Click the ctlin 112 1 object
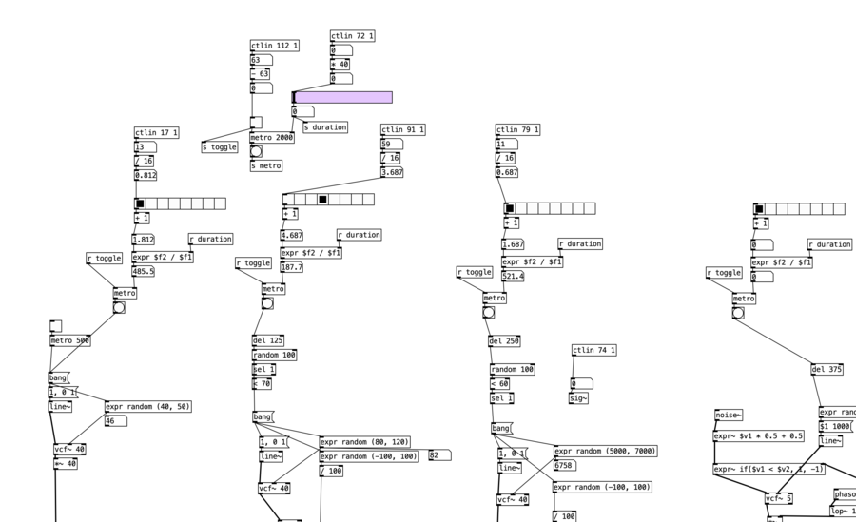[x=275, y=45]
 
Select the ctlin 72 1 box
[x=353, y=36]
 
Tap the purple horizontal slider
[x=342, y=97]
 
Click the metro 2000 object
[x=272, y=137]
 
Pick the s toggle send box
[x=220, y=146]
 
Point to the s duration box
[x=325, y=126]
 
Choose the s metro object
[x=266, y=165]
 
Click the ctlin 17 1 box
[x=157, y=133]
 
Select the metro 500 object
[x=71, y=340]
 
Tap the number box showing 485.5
[x=143, y=271]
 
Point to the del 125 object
[x=267, y=339]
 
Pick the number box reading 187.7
[x=292, y=267]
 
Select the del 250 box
[x=504, y=341]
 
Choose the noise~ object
[x=729, y=415]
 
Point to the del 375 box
[x=827, y=369]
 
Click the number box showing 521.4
[x=514, y=276]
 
